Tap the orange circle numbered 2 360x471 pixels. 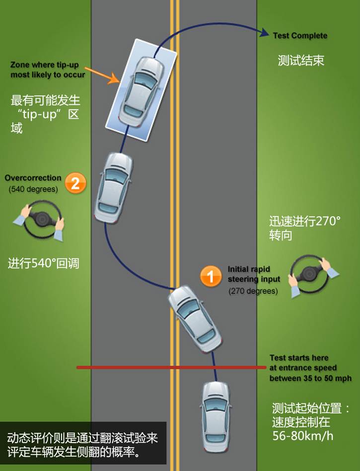[75, 183]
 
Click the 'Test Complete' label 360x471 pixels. [300, 36]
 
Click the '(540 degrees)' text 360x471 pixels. [33, 189]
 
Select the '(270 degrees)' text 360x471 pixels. [253, 291]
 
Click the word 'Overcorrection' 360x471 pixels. [33, 178]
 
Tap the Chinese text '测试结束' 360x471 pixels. [301, 61]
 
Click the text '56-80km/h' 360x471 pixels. [303, 436]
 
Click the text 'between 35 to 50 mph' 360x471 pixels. [310, 379]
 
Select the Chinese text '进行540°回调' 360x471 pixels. [43, 263]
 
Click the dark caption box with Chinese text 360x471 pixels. [83, 444]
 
